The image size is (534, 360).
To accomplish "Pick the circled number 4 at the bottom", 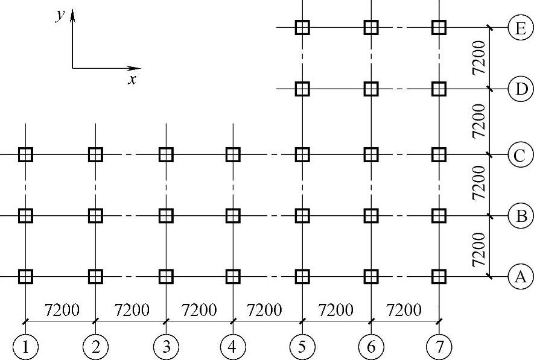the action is [x=232, y=347].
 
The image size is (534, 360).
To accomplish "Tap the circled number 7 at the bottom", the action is [x=439, y=347].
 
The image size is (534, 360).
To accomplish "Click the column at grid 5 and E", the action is [x=302, y=27].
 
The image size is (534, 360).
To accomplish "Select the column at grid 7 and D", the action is [x=439, y=89].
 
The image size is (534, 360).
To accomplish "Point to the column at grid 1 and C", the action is [x=25, y=154].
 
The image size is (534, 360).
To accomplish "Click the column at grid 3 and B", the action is [x=165, y=215].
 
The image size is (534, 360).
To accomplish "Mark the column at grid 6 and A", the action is [x=370, y=276].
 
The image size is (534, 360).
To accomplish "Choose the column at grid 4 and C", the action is [x=233, y=154].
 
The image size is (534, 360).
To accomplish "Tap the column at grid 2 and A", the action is [x=95, y=276].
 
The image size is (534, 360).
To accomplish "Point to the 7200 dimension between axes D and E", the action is [x=478, y=58].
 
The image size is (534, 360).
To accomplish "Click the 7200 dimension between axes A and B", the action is [x=478, y=248].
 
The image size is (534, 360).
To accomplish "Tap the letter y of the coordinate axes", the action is [x=60, y=16].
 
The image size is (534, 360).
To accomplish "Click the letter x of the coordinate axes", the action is [x=132, y=80].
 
